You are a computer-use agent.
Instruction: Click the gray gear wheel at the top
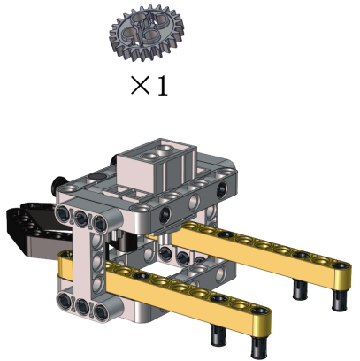(147, 33)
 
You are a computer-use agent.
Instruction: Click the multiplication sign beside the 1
(141, 86)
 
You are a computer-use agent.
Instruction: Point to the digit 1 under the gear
(163, 86)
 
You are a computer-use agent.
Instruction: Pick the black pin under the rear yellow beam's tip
(341, 299)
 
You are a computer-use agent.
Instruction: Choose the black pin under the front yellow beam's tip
(259, 347)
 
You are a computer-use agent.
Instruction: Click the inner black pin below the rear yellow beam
(301, 289)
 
